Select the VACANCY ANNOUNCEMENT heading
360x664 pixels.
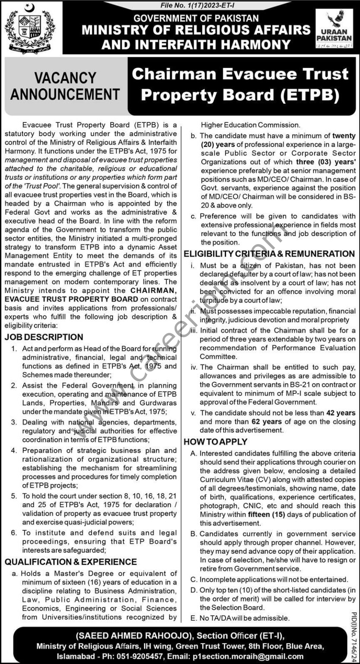[x=65, y=86]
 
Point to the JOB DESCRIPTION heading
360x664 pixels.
[x=44, y=337]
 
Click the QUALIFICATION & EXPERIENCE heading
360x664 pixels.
[x=71, y=562]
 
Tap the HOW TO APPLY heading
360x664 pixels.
[x=216, y=442]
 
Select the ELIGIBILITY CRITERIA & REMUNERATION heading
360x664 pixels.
[x=269, y=254]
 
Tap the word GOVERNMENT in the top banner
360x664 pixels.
[x=166, y=19]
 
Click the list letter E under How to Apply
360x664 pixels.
[x=193, y=618]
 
